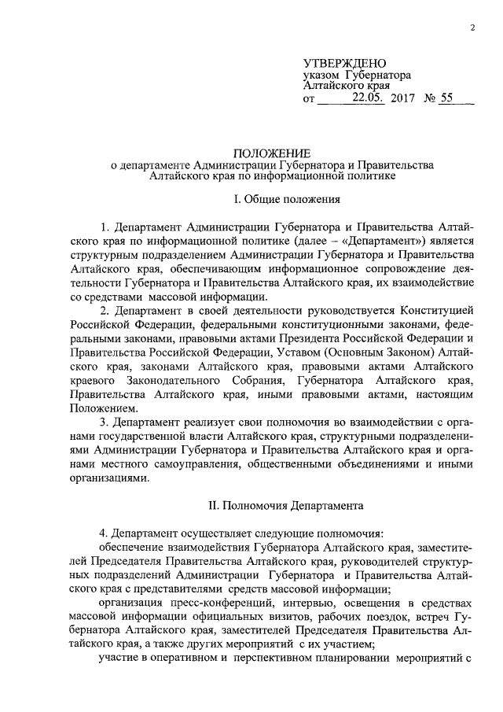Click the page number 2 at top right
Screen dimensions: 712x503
point(473,28)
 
